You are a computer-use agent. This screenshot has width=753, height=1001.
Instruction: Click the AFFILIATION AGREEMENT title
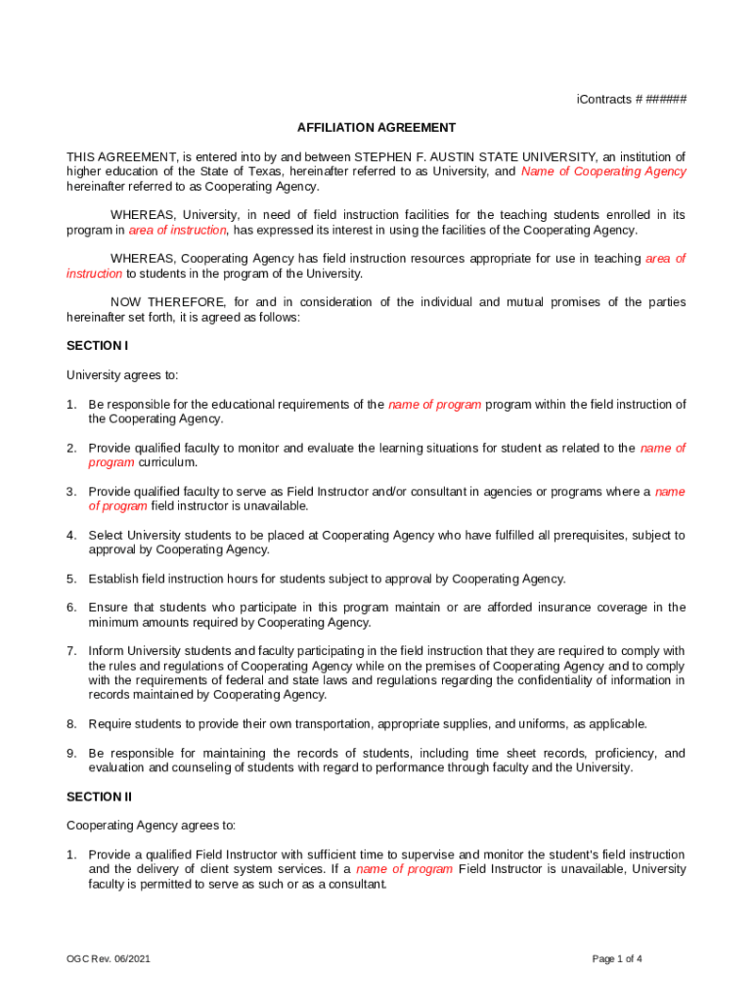coord(376,128)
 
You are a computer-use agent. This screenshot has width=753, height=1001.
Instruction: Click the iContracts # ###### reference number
coord(631,100)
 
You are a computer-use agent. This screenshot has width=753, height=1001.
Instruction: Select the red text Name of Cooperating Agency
coord(603,171)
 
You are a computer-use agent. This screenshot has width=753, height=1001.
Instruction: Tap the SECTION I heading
coord(97,346)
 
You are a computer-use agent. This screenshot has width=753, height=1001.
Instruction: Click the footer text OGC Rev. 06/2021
coord(109,959)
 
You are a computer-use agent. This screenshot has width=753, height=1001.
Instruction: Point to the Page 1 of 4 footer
coord(617,959)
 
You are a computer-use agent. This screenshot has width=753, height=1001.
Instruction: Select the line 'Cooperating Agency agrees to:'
coord(151,826)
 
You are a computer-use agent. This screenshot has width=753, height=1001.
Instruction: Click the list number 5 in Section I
coord(71,579)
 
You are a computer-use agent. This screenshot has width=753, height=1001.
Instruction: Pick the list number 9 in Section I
coord(71,754)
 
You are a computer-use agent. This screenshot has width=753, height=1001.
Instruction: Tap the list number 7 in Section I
coord(71,651)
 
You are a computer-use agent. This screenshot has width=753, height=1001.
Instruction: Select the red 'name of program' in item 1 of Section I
coord(434,405)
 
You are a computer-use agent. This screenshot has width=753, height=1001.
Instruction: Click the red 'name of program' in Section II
coord(404,869)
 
